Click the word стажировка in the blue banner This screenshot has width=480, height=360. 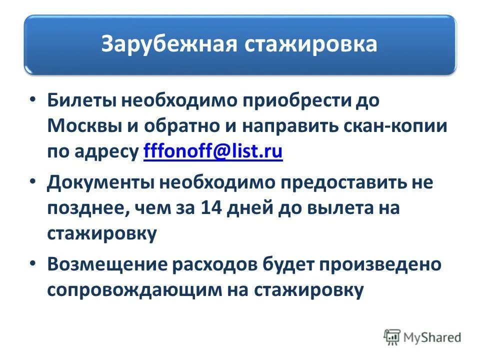pyautogui.click(x=310, y=44)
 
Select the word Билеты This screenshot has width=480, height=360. pyautogui.click(x=82, y=100)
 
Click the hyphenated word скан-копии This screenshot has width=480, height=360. pyautogui.click(x=395, y=126)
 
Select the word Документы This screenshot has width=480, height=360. pyautogui.click(x=100, y=182)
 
